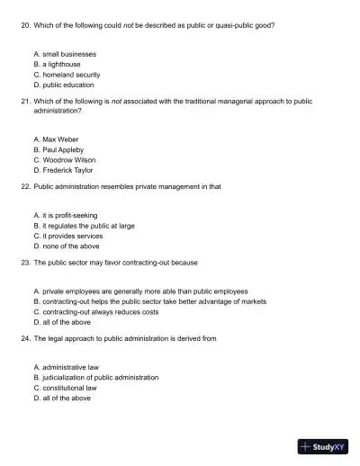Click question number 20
pyautogui.click(x=24, y=25)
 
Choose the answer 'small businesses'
pyautogui.click(x=64, y=54)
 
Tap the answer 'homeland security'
pyautogui.click(x=70, y=75)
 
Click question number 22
pyautogui.click(x=24, y=186)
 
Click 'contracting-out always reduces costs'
pyautogui.click(x=100, y=311)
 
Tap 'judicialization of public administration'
pyautogui.click(x=99, y=377)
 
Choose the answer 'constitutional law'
pyautogui.click(x=70, y=388)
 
